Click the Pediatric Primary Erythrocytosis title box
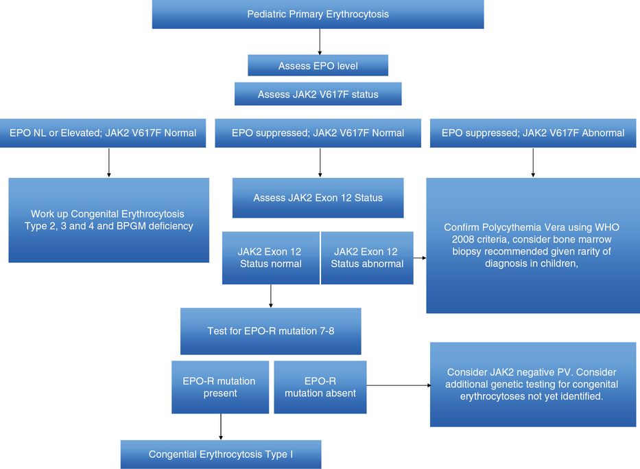(x=318, y=14)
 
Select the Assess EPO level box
(x=318, y=66)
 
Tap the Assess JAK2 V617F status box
(x=318, y=94)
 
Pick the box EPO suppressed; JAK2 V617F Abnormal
(x=533, y=133)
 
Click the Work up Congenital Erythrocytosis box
(x=108, y=220)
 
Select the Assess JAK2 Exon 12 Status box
(x=318, y=198)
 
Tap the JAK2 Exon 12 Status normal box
(x=270, y=258)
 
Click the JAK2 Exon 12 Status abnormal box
(x=367, y=258)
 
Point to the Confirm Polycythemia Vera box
(x=533, y=245)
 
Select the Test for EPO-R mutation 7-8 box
(x=270, y=331)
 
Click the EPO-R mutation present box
(x=220, y=387)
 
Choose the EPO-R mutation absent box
(x=320, y=387)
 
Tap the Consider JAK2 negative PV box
(x=533, y=384)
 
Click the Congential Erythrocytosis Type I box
(x=220, y=455)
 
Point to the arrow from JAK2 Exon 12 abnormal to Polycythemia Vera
(x=420, y=258)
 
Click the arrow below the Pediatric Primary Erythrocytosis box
(x=320, y=42)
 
